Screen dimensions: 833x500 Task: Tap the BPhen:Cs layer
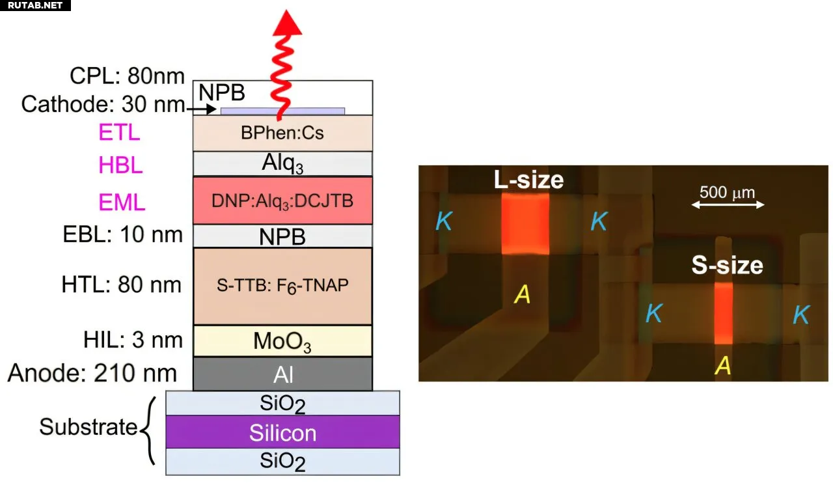[x=282, y=133]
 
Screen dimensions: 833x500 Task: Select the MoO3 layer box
[x=282, y=340]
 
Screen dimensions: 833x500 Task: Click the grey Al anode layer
[x=282, y=374]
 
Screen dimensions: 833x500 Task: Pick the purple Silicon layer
[x=282, y=432]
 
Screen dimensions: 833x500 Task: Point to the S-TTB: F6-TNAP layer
[x=282, y=286]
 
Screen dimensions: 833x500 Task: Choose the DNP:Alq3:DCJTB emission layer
[x=282, y=201]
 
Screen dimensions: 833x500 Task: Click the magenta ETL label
[x=119, y=132]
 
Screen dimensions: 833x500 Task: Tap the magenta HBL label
[x=120, y=165]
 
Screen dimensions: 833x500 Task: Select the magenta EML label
[x=122, y=202]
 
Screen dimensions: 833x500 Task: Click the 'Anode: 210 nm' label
[x=92, y=373]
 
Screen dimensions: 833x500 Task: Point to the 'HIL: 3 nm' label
[x=133, y=340]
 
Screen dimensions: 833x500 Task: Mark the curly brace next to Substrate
[x=148, y=431]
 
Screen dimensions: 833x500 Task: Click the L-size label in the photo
[x=528, y=180]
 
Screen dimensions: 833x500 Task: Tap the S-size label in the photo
[x=727, y=265]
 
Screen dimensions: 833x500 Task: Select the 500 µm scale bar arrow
[x=728, y=204]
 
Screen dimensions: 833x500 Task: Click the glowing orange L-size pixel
[x=525, y=223]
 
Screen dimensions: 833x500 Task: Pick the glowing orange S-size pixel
[x=723, y=313]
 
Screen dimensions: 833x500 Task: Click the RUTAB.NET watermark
[x=35, y=5]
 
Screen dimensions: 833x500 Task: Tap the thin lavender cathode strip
[x=282, y=111]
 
